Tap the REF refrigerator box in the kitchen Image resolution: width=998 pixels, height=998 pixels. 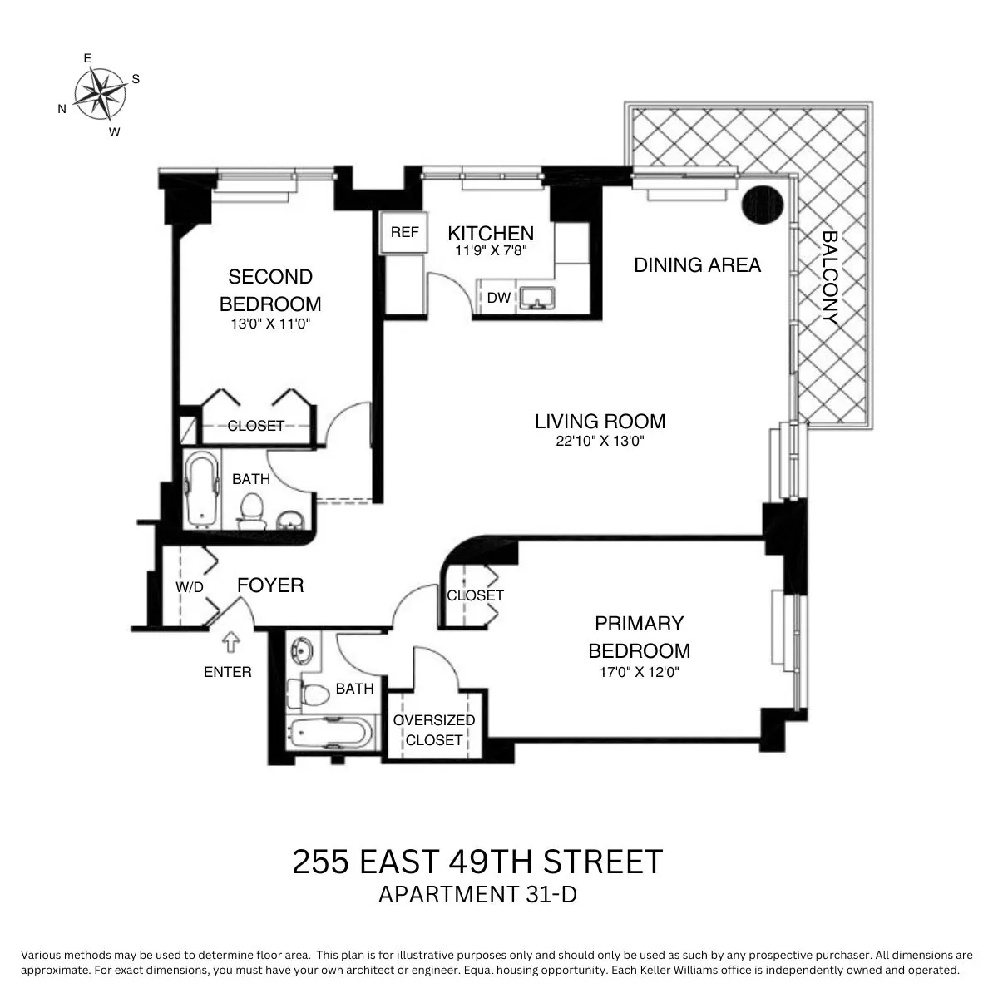tap(404, 233)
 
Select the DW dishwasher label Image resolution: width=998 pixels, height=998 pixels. tap(498, 298)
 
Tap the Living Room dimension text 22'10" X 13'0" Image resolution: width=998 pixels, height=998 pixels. tap(600, 442)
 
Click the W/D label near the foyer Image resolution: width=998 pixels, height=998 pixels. tap(189, 587)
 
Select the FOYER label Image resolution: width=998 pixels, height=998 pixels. tap(270, 585)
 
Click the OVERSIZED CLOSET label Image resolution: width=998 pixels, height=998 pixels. tap(434, 729)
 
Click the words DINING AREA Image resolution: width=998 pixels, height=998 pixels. tap(697, 265)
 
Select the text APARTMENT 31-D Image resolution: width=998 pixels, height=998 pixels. tap(477, 895)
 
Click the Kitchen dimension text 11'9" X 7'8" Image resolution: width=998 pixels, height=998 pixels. tap(490, 249)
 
